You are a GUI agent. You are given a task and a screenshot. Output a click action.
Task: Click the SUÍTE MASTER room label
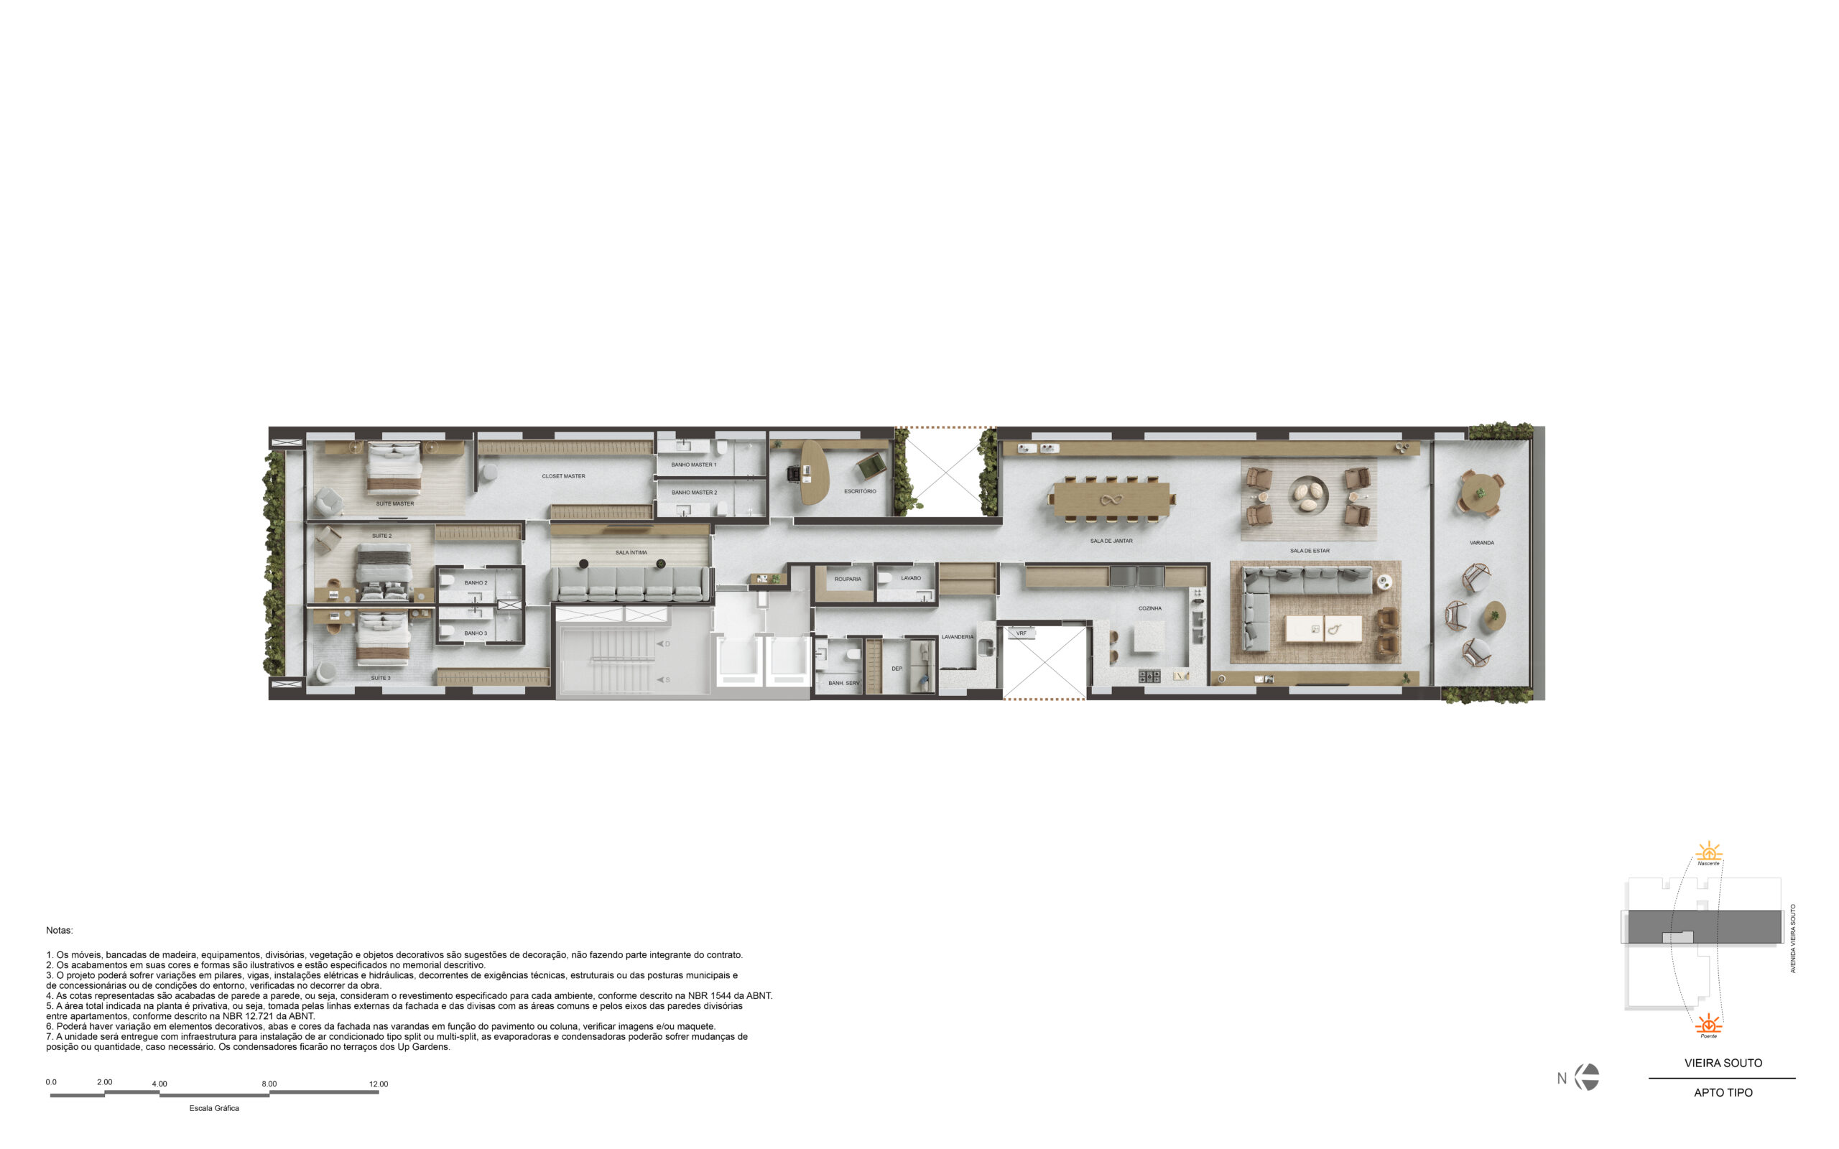click(x=394, y=504)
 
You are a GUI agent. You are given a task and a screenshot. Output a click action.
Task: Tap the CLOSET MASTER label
click(x=563, y=476)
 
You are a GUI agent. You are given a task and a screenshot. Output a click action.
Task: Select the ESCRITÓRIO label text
click(x=859, y=492)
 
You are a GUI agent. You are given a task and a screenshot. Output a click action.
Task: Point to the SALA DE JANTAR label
click(x=1111, y=541)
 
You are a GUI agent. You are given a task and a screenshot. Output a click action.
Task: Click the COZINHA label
click(x=1150, y=609)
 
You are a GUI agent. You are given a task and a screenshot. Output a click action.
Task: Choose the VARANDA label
click(x=1481, y=544)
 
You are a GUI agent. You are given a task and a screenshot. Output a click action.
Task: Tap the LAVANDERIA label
click(x=957, y=637)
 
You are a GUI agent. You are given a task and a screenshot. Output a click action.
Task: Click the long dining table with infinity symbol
click(x=1112, y=499)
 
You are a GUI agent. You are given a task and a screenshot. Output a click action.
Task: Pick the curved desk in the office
click(x=815, y=473)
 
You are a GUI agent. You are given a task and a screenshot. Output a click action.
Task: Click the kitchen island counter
click(x=1149, y=637)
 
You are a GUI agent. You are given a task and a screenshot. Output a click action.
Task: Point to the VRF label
click(x=1022, y=633)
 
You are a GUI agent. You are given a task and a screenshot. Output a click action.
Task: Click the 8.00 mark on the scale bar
click(x=269, y=1084)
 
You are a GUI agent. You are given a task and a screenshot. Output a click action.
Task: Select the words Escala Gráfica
click(x=214, y=1108)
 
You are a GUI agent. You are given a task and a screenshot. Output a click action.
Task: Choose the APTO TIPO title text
click(x=1723, y=1093)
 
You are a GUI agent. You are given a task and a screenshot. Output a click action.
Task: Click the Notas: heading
click(x=60, y=930)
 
